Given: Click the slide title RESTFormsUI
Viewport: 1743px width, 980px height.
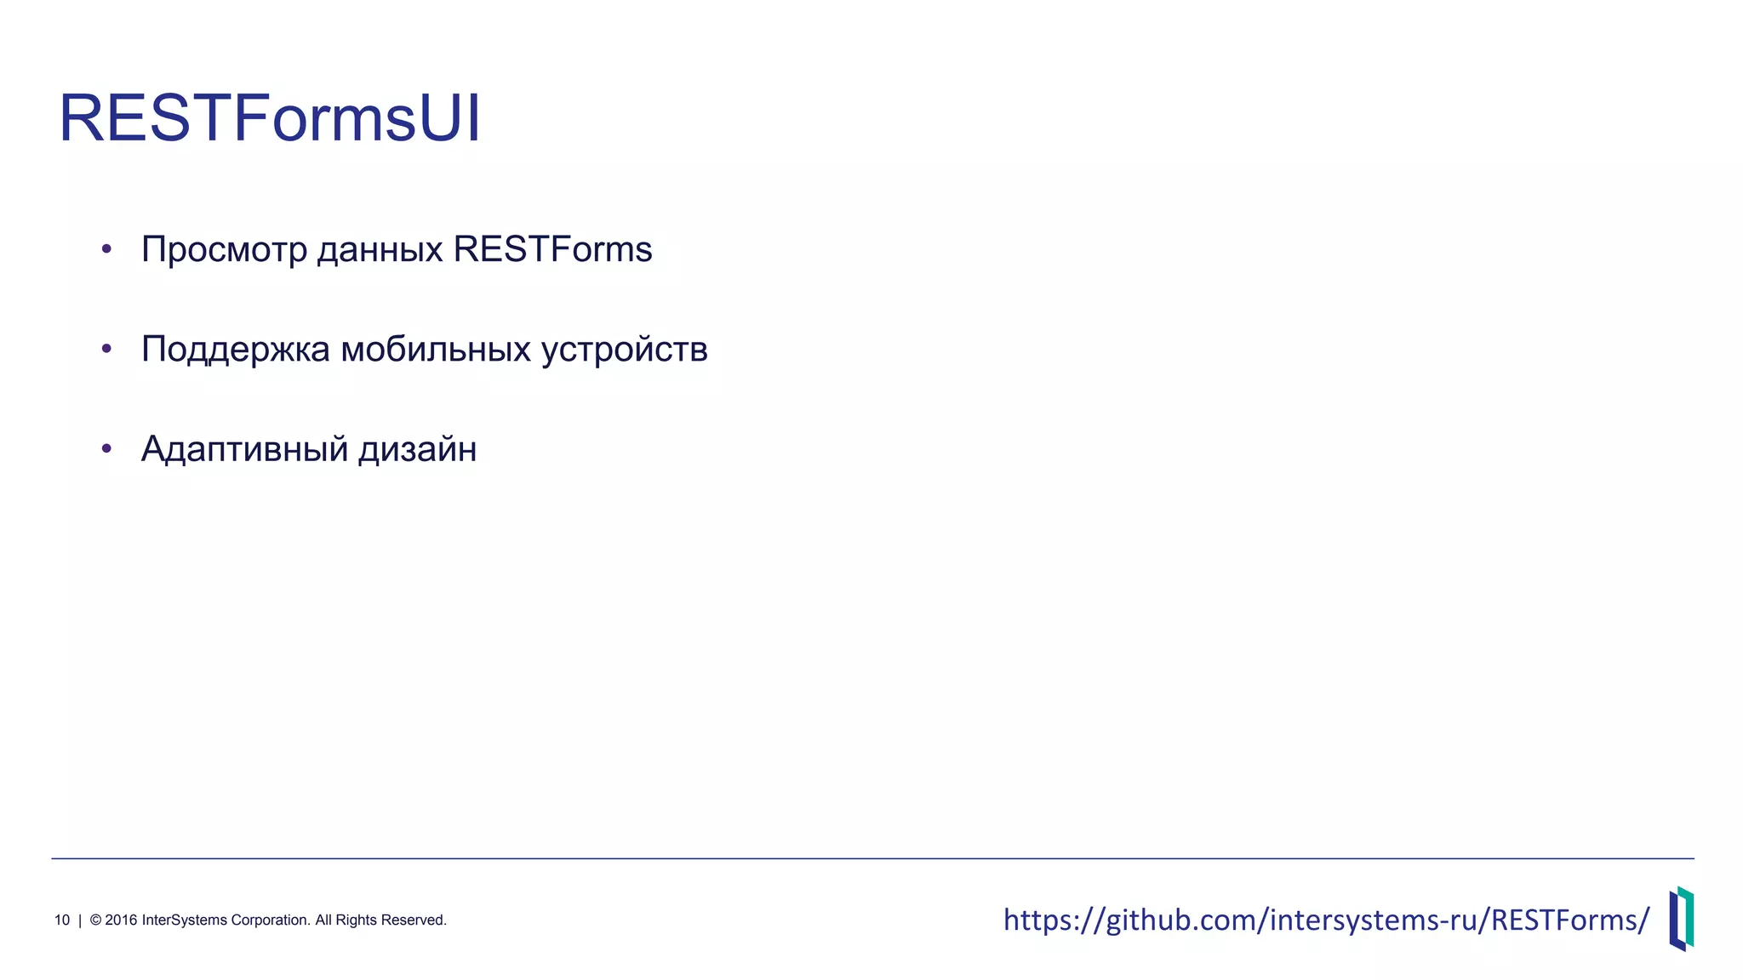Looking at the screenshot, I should pos(270,118).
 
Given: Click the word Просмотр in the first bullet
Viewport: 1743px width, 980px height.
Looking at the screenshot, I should pos(223,250).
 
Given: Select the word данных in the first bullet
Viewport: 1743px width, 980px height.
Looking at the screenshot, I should pos(380,250).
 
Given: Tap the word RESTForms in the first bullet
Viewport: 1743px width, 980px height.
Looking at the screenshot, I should pos(552,249).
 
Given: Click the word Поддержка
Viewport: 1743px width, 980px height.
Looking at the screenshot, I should pos(235,350).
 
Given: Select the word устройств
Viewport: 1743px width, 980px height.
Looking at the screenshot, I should pos(625,350).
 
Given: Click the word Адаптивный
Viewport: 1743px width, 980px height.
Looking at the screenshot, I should pos(243,449).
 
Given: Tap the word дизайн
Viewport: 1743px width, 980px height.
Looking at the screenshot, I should pos(417,449).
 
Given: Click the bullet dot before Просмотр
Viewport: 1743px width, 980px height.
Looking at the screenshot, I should pos(106,249).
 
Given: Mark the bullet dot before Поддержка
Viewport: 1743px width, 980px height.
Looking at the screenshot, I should pos(106,349).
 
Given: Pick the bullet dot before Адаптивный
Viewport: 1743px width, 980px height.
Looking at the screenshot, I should pos(106,448).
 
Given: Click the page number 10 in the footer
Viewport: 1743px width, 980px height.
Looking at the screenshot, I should pos(62,920).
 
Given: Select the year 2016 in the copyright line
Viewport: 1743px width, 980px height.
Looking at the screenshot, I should pos(120,920).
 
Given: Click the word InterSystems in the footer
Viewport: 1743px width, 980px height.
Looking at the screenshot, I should pos(185,920).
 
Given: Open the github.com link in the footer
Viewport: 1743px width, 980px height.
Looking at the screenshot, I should pos(1326,920).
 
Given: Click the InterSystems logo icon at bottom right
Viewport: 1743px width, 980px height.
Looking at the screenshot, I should pos(1681,919).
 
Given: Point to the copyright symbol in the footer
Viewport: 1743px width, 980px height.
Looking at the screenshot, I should pos(95,920).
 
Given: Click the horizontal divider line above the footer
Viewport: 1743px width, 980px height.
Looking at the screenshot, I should pos(871,858).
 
